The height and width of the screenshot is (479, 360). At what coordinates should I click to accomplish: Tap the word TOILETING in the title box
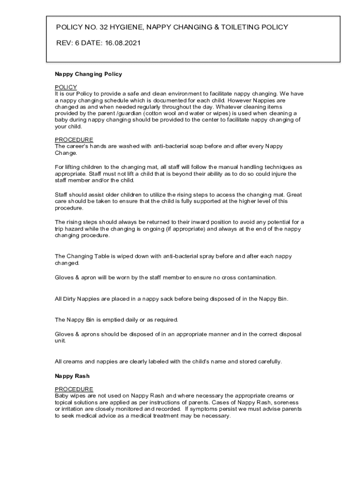pos(236,27)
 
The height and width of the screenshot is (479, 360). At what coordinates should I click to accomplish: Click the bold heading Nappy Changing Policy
pos(88,74)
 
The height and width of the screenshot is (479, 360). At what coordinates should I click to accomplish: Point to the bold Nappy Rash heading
pos(72,376)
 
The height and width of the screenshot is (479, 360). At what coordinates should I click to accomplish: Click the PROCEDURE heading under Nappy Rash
pos(74,389)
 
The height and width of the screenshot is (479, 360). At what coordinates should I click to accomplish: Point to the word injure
pos(277,174)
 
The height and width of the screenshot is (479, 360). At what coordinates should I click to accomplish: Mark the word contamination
pos(253,277)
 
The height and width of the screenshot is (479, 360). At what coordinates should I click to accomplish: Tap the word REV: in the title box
pos(64,43)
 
